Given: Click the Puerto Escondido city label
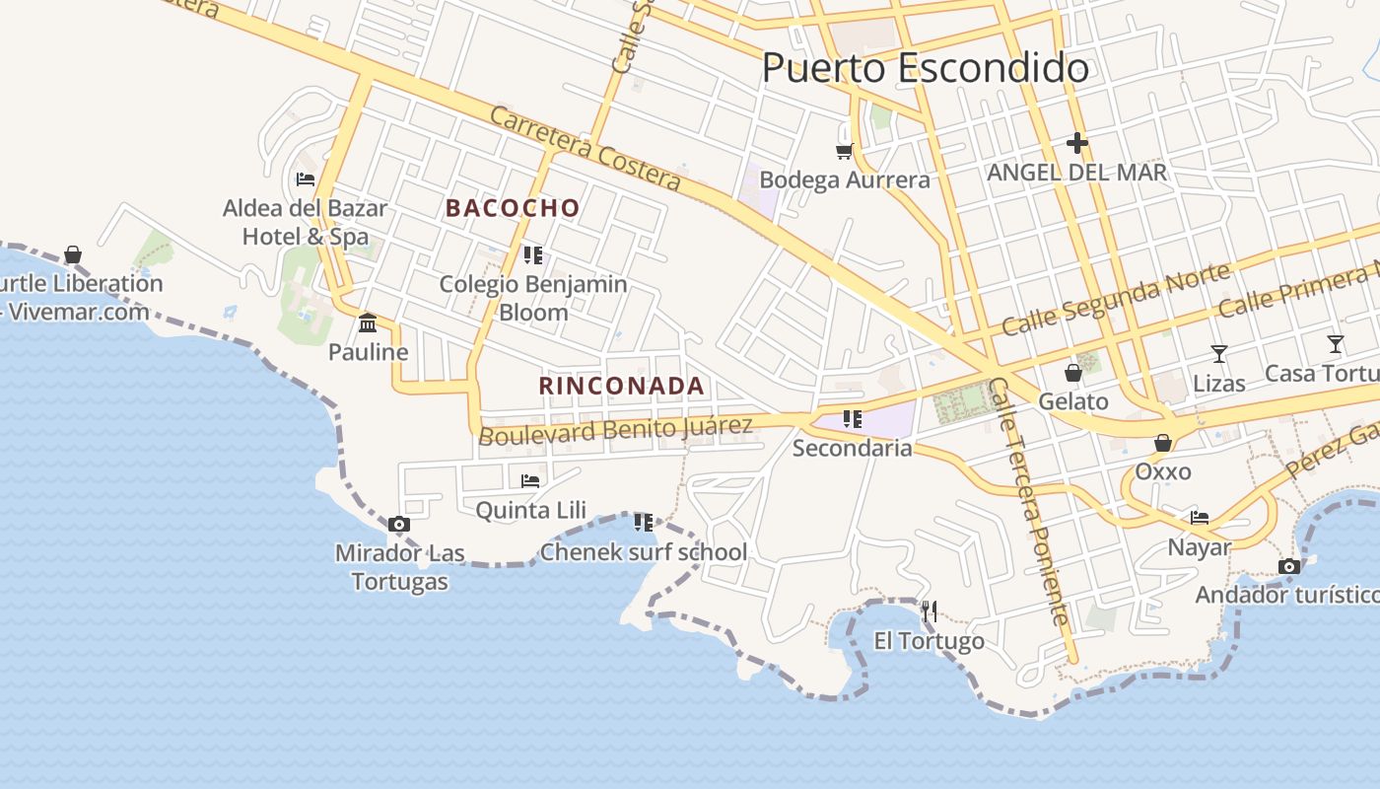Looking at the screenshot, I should coord(925,68).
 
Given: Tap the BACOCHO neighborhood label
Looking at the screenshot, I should coord(513,208).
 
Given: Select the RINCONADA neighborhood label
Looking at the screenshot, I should coord(622,386).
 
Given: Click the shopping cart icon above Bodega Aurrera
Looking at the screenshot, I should coord(844,151).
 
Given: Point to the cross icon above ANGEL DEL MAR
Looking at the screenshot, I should coord(1076,144).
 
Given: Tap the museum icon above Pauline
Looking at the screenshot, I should coord(368,323).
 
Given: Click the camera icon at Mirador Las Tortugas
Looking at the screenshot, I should coord(398,524).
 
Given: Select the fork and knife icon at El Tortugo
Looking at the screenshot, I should coord(929,611).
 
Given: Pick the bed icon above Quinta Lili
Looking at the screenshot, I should coord(530,481).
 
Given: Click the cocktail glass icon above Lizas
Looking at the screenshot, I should coord(1219,354).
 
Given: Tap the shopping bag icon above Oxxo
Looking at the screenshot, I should coord(1163,443).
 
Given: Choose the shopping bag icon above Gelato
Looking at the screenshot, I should coord(1073,373).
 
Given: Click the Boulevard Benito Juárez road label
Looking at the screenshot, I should coord(615,430).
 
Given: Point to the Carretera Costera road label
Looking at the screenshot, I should coord(586,148).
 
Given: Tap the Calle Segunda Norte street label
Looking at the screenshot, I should coord(1116,299).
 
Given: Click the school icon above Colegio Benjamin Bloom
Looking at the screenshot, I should coord(533,255).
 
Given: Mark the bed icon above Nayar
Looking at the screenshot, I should coord(1200,518).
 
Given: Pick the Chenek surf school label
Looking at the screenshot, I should coord(644,552).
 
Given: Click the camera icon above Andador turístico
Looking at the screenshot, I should coord(1288,566).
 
